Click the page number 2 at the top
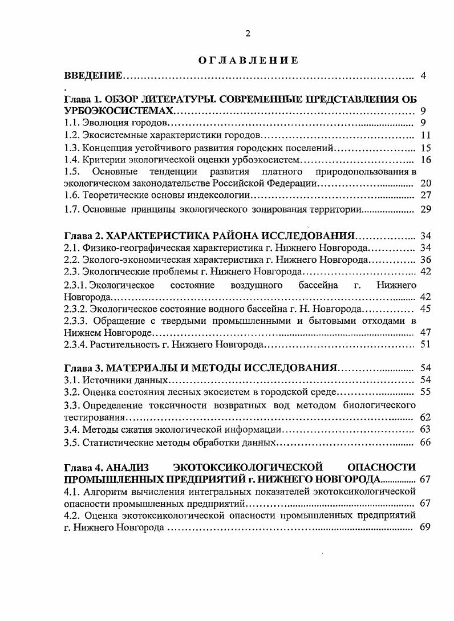click(x=248, y=34)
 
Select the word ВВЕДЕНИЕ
click(x=93, y=75)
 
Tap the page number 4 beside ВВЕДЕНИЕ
click(x=423, y=75)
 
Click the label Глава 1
click(x=82, y=99)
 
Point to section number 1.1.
click(x=72, y=123)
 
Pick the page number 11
click(x=425, y=135)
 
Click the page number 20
click(x=425, y=184)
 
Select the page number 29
click(x=425, y=209)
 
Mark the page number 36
click(x=425, y=259)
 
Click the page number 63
click(x=425, y=429)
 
